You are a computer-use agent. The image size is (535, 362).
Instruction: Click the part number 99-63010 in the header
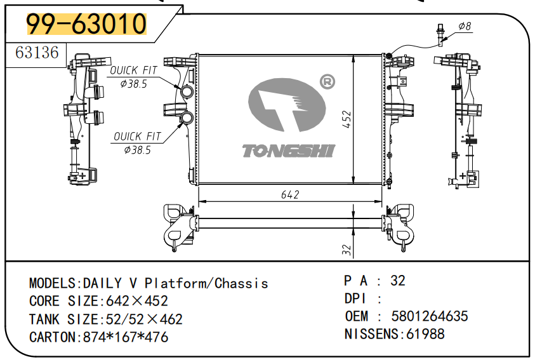click(x=86, y=24)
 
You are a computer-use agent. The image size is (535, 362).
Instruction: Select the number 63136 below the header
click(x=37, y=52)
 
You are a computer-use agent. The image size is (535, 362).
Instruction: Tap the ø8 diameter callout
click(x=465, y=27)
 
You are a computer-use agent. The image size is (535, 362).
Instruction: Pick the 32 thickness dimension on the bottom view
click(x=347, y=250)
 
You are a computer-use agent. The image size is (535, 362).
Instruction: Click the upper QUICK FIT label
click(x=135, y=70)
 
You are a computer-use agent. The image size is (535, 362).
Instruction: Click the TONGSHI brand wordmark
click(x=289, y=151)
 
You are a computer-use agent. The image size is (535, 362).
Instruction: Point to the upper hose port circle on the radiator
click(x=188, y=93)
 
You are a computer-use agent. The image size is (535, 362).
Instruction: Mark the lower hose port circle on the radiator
click(x=188, y=117)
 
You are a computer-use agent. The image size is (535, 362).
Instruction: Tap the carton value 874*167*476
click(x=126, y=337)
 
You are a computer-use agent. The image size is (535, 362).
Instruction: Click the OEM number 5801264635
click(x=430, y=316)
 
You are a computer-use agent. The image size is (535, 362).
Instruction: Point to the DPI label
click(x=356, y=298)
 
